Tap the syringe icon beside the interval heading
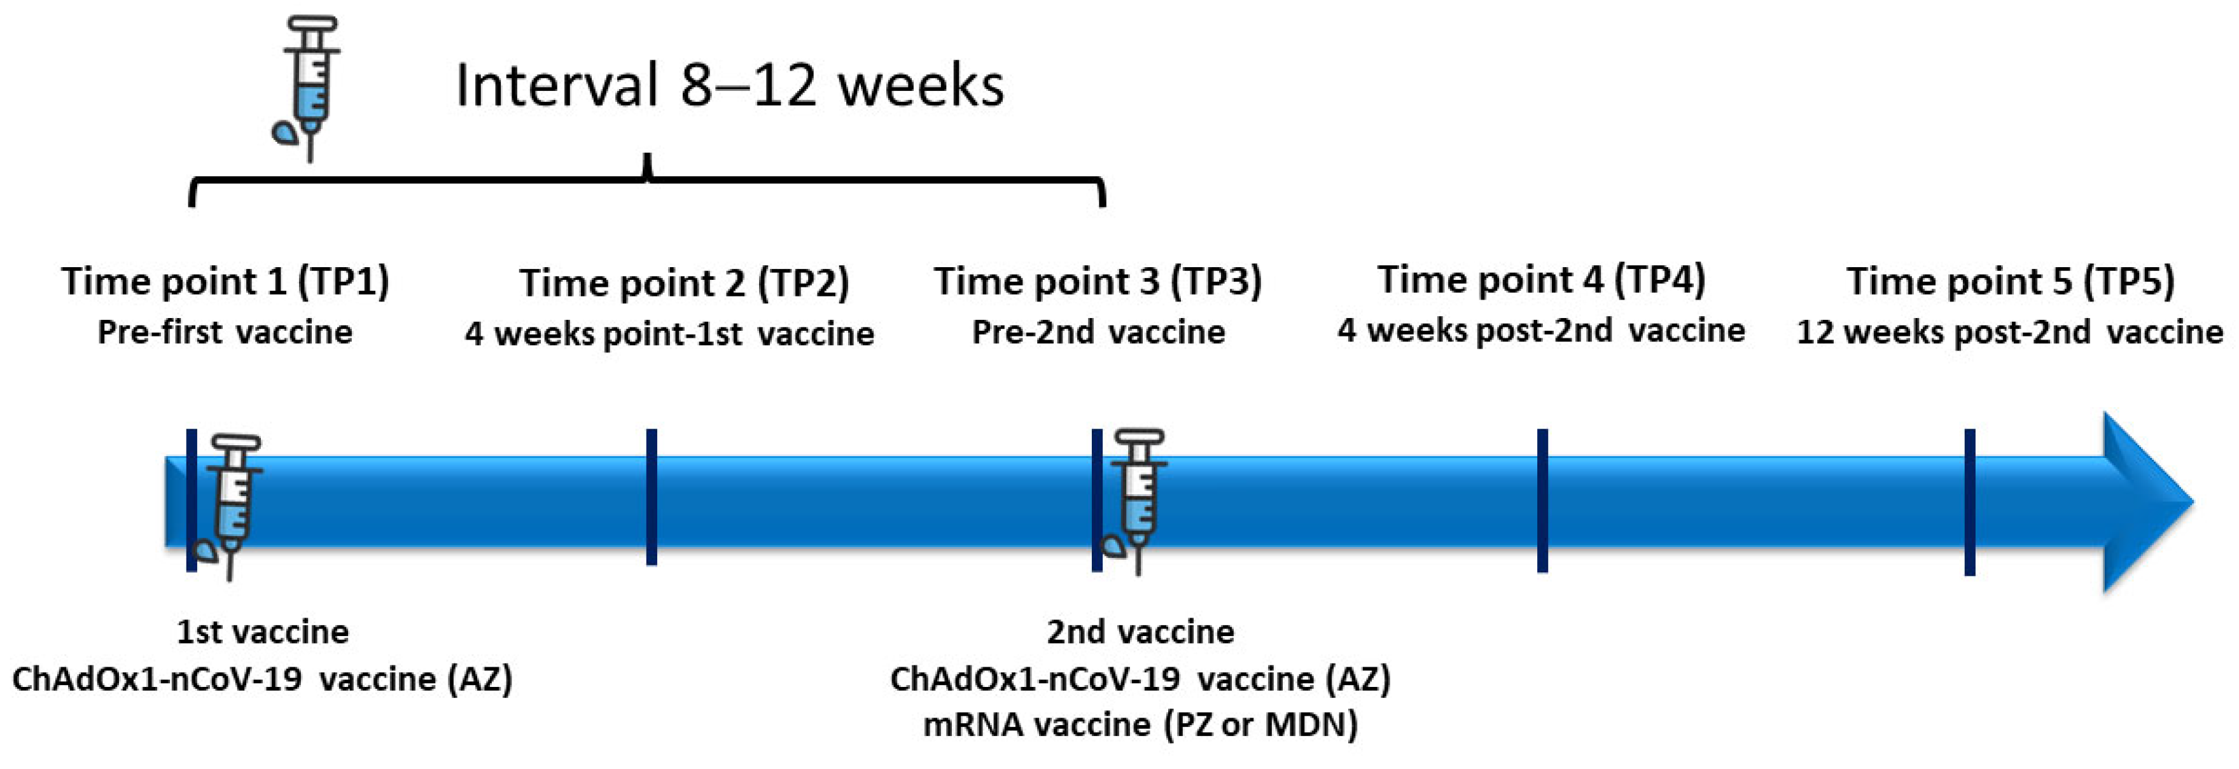tap(309, 87)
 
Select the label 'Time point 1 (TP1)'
tap(225, 282)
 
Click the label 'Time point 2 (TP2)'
tap(684, 283)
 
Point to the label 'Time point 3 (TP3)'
tap(1098, 282)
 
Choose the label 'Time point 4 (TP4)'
tap(1541, 280)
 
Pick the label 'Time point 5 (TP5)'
tap(2011, 282)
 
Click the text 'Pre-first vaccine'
tap(225, 332)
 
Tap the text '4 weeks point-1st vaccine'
tap(669, 334)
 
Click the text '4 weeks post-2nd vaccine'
tap(1541, 330)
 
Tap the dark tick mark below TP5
tap(1970, 502)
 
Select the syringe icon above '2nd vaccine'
tap(1138, 500)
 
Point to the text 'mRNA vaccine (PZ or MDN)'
tap(1140, 724)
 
